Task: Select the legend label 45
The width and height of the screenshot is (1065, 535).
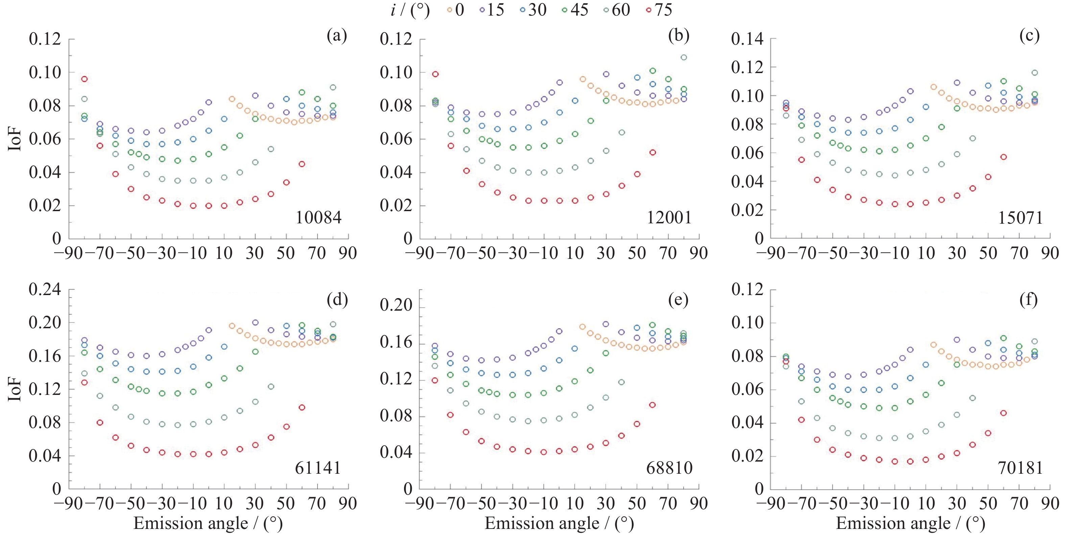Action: point(579,10)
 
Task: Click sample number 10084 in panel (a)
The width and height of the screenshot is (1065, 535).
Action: point(318,218)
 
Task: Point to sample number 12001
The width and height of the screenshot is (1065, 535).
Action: point(669,218)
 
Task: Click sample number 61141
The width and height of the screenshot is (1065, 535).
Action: point(318,468)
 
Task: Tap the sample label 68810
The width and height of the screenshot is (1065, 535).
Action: point(669,468)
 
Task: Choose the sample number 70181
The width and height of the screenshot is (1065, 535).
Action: point(1020,468)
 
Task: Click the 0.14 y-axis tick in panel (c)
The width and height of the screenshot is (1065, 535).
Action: point(747,39)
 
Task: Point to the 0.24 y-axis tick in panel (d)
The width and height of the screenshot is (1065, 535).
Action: point(45,289)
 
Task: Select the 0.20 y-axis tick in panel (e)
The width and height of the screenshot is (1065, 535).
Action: point(396,305)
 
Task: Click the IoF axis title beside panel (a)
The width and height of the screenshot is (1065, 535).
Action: point(15,139)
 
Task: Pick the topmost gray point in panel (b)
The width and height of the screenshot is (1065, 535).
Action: point(684,58)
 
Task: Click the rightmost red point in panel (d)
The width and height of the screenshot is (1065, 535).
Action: point(302,407)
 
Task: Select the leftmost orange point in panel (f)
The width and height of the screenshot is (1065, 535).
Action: point(933,345)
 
